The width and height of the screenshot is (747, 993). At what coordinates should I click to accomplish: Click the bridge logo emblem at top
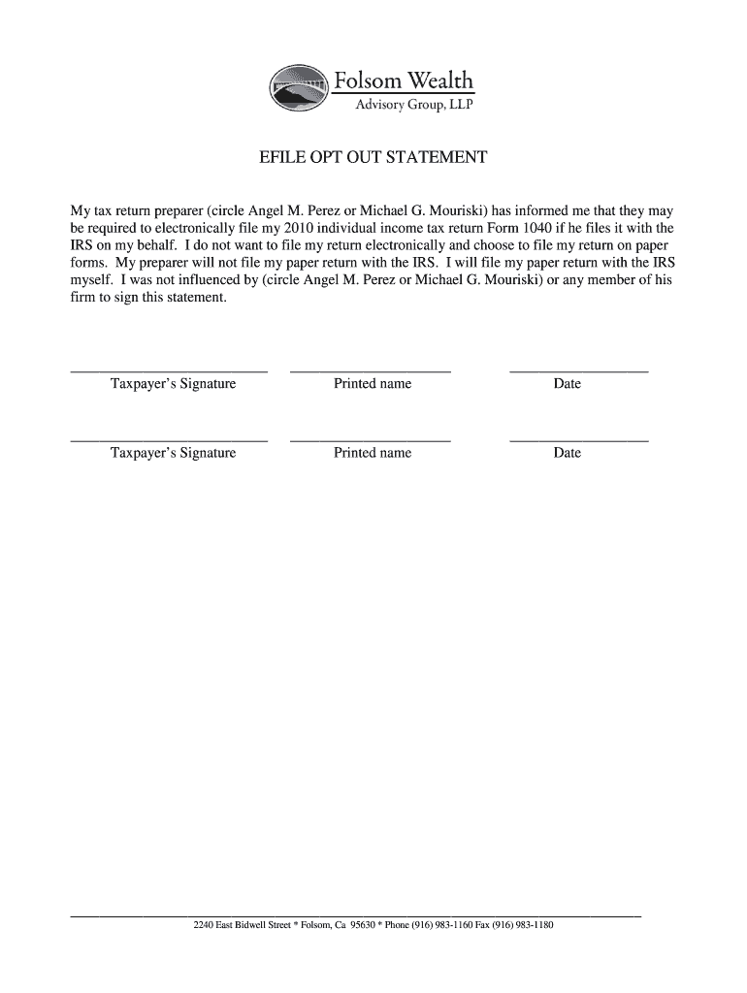(x=299, y=88)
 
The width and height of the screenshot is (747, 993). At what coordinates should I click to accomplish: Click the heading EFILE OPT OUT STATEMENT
(x=373, y=158)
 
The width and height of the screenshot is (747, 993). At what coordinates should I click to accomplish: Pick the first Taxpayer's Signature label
(x=173, y=384)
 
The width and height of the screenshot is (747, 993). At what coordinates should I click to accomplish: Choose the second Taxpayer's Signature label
(x=173, y=453)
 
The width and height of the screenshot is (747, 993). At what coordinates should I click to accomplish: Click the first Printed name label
(x=373, y=384)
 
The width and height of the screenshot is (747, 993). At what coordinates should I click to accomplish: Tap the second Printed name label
(x=373, y=453)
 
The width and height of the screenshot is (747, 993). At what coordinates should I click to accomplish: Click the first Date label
(x=567, y=384)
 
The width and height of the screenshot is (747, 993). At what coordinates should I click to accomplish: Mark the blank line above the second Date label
(x=578, y=440)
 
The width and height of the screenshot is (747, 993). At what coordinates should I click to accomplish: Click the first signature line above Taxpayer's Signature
(x=169, y=371)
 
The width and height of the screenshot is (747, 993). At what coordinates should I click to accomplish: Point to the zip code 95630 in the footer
(x=364, y=925)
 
